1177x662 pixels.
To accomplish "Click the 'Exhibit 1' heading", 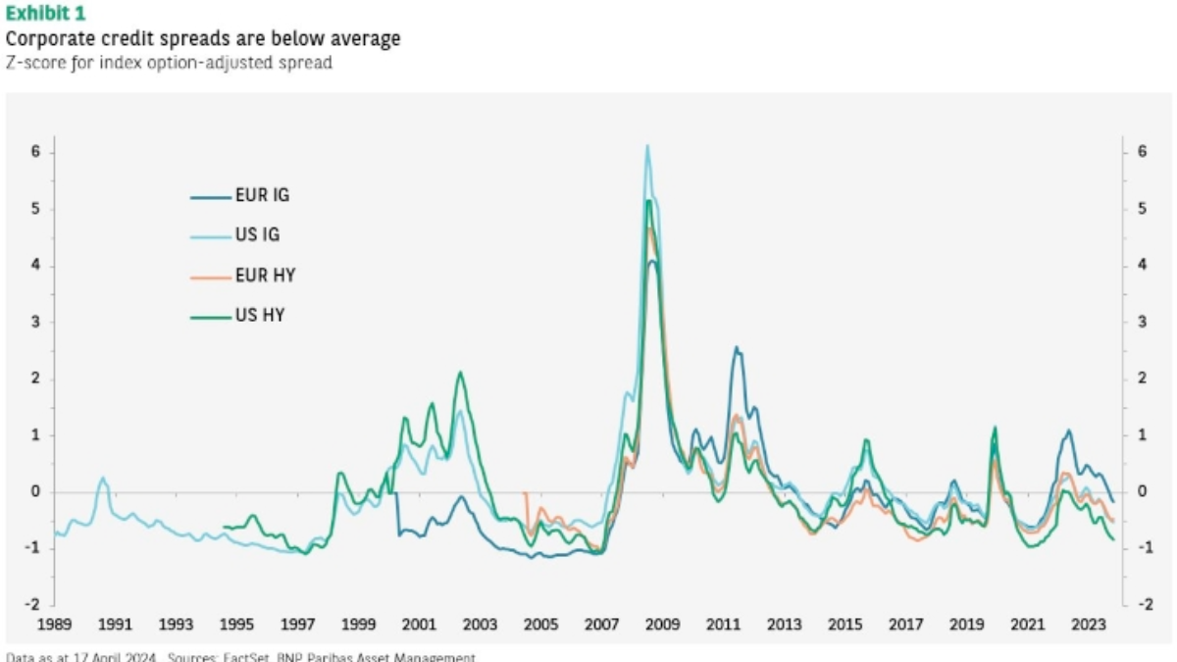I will [45, 14].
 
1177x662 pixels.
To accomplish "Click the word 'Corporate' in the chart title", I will [45, 39].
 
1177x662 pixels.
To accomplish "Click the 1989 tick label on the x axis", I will [54, 625].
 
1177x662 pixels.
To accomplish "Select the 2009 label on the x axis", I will [663, 625].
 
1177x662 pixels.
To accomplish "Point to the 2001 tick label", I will [419, 625].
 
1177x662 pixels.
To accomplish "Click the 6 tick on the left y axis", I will [33, 152].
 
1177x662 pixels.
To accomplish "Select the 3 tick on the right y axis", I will [1142, 322].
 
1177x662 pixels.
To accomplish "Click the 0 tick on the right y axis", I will [1142, 491].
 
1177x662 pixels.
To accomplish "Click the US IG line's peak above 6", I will [647, 146].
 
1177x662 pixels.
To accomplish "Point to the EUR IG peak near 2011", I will [737, 347].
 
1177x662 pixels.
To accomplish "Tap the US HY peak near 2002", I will [459, 373].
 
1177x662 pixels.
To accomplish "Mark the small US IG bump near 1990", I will [103, 479].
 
